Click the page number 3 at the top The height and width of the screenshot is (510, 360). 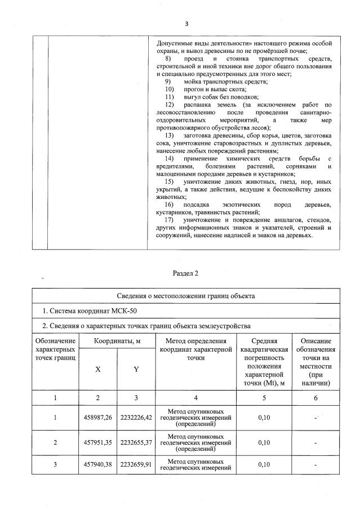click(x=186, y=24)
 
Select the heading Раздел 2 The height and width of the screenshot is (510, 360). click(x=186, y=273)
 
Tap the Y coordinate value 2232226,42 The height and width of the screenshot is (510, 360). click(x=136, y=418)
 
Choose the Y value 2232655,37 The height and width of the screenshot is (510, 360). click(x=136, y=443)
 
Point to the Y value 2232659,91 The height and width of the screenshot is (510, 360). click(x=136, y=465)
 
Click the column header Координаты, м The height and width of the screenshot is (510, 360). click(x=117, y=341)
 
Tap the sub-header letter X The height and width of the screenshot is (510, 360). click(x=98, y=370)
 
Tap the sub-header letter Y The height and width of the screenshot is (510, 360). click(x=136, y=370)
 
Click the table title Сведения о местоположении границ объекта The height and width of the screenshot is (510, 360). click(x=186, y=296)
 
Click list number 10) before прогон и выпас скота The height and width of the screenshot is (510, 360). click(x=170, y=90)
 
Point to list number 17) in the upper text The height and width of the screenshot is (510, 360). click(x=170, y=219)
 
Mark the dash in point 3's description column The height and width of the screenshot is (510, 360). click(x=315, y=465)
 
